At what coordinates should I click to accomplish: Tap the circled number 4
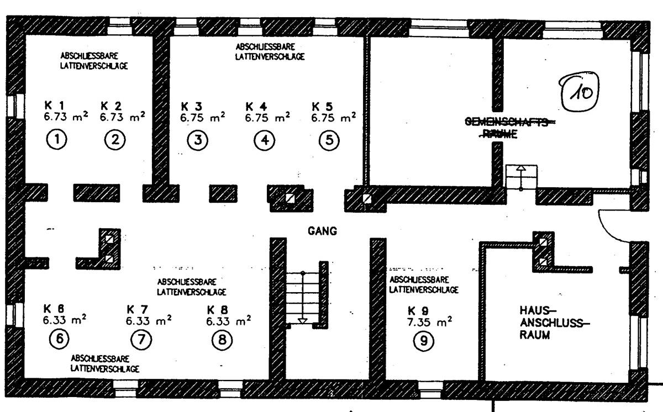[x=265, y=140]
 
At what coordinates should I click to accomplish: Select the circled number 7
[x=141, y=339]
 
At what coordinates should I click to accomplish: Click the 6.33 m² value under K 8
[x=228, y=321]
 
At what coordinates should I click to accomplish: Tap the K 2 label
[x=112, y=105]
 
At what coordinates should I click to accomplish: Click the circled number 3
[x=197, y=140]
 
